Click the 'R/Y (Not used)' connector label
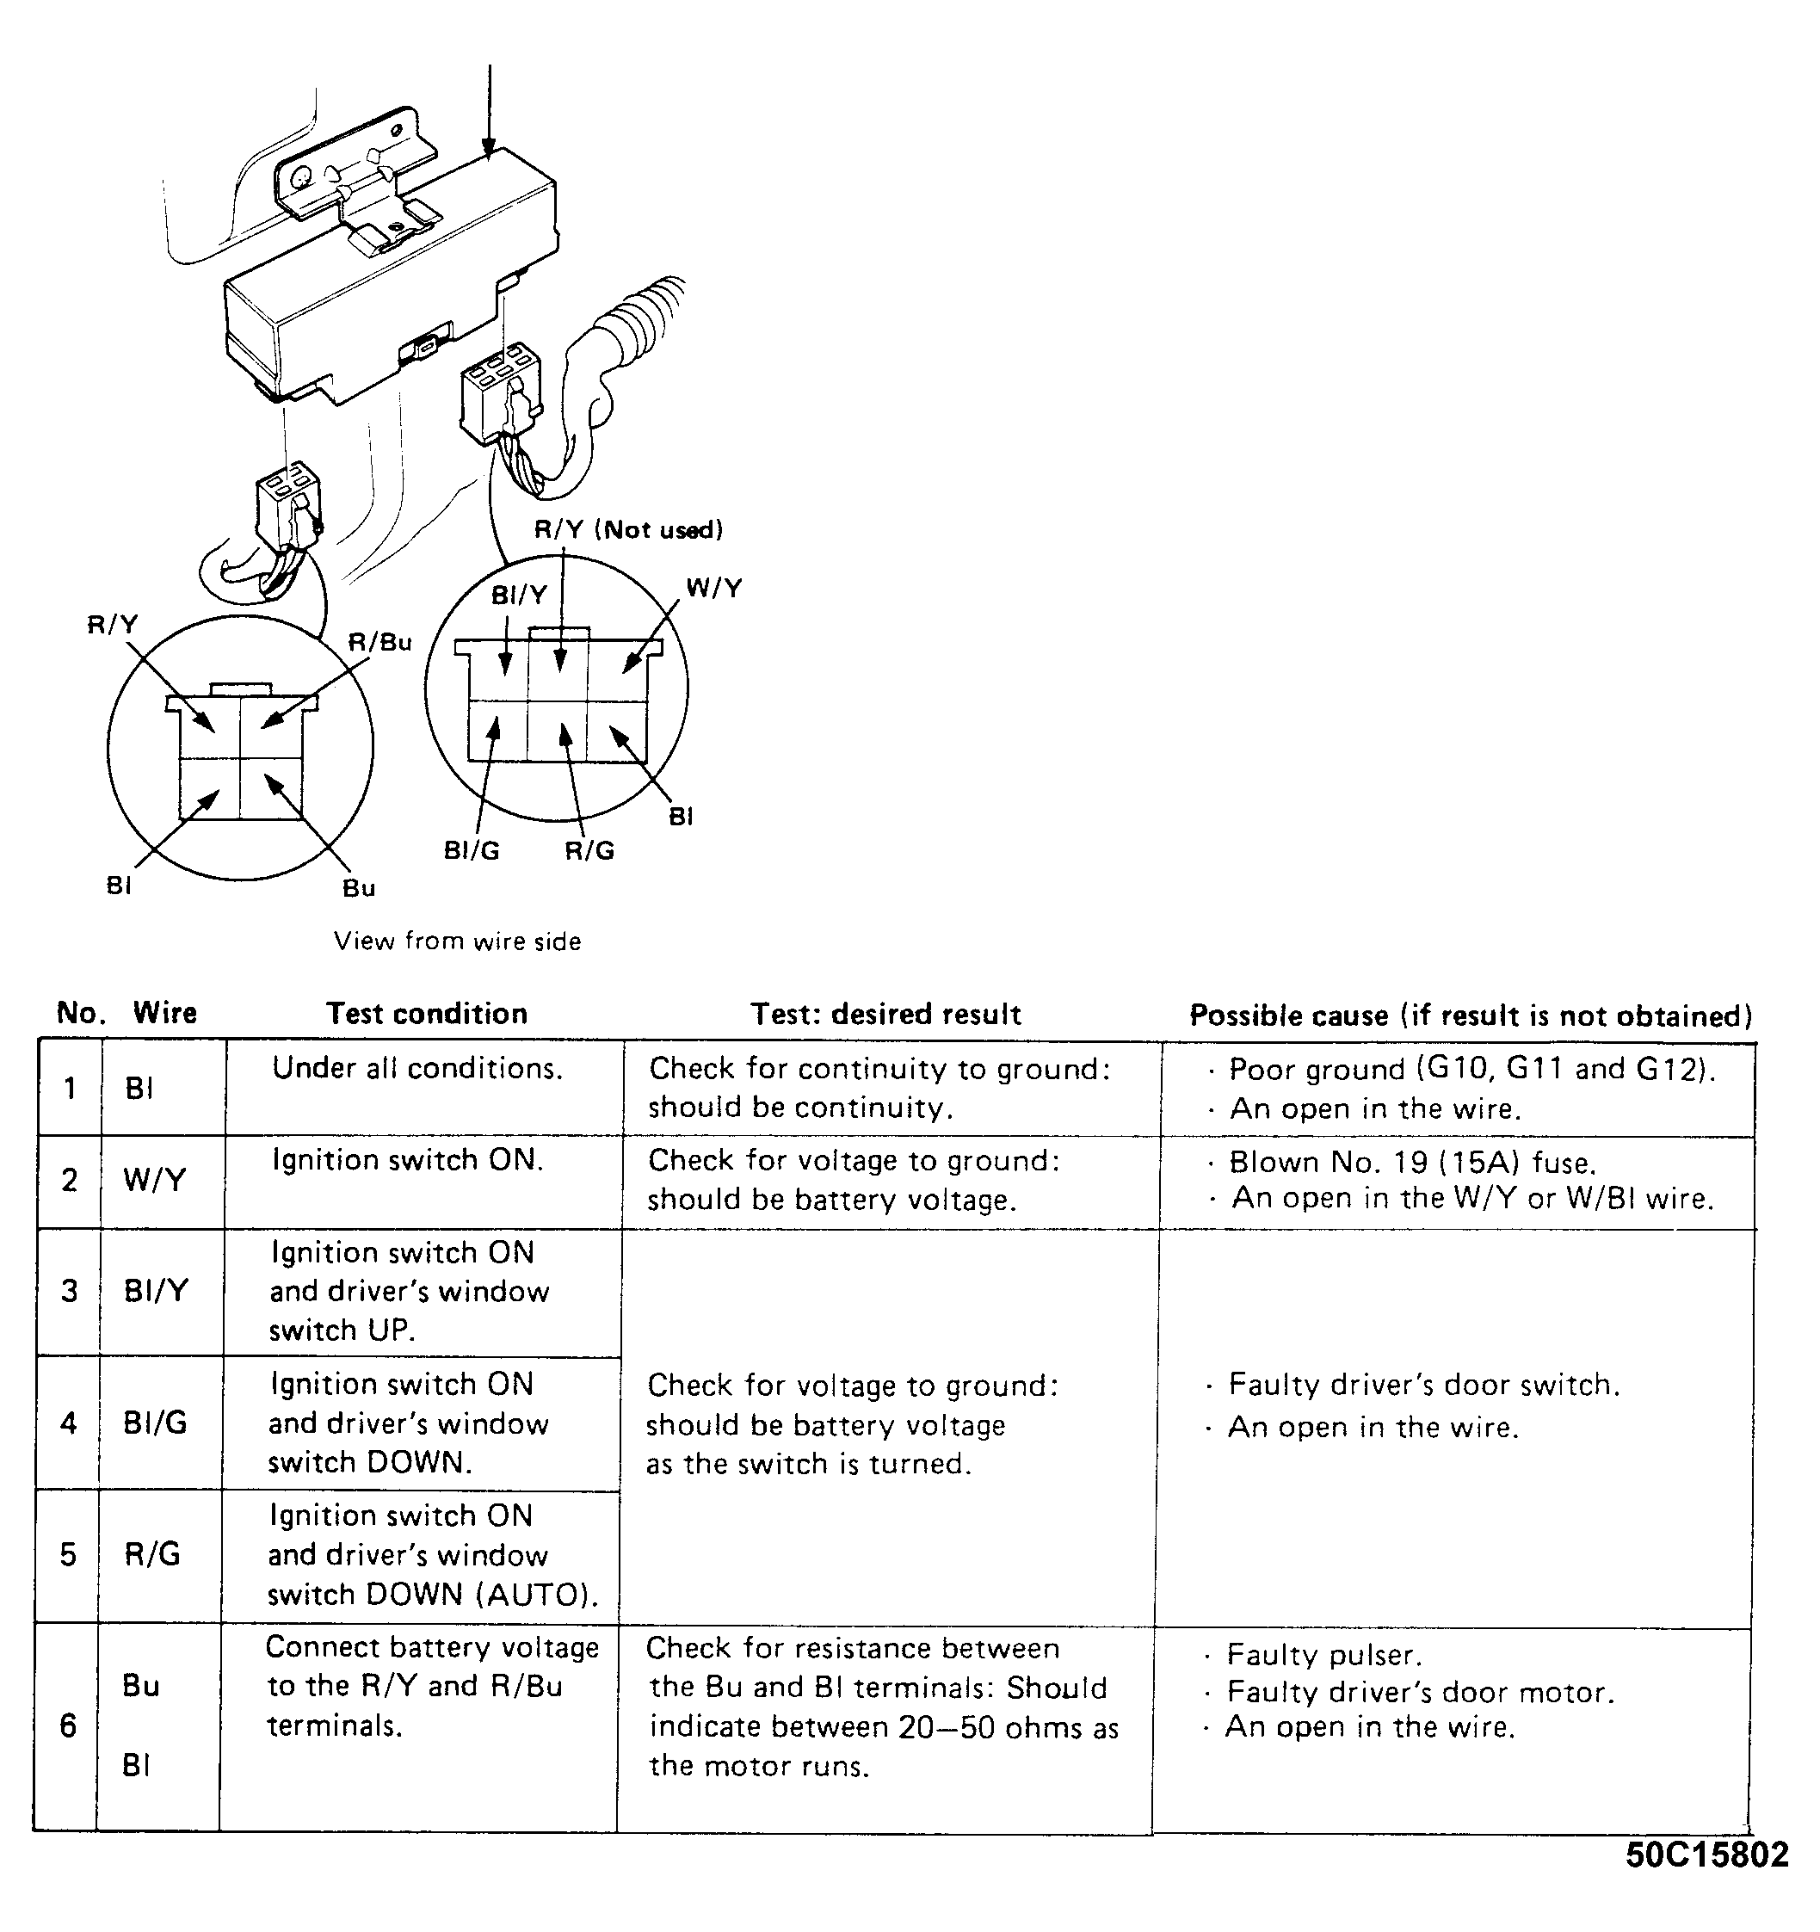[x=627, y=529]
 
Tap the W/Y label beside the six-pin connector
[x=713, y=588]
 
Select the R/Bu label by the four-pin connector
[x=380, y=642]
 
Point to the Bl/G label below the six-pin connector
[x=472, y=850]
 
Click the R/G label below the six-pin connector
[x=589, y=850]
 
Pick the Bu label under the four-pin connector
[x=359, y=887]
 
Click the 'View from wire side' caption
[x=457, y=941]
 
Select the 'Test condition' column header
[x=427, y=1014]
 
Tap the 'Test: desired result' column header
[x=885, y=1015]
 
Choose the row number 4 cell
[x=69, y=1423]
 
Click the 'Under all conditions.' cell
[x=416, y=1068]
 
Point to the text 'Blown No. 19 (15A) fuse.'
[x=1412, y=1163]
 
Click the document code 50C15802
[x=1706, y=1855]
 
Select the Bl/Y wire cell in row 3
[x=156, y=1291]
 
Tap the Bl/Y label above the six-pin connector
[x=519, y=595]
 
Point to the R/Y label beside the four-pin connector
[x=113, y=625]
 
